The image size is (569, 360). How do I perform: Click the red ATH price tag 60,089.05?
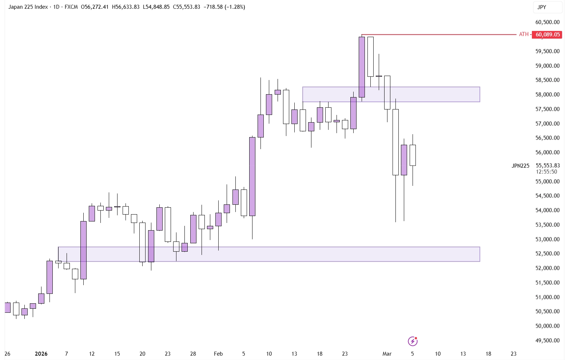(x=547, y=35)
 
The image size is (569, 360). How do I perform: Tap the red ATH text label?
(x=524, y=34)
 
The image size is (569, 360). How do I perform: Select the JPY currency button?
(x=542, y=7)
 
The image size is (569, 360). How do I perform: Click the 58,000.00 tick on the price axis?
(x=547, y=95)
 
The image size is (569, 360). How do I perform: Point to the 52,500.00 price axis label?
(x=547, y=253)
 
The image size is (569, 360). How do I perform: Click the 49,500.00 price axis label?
(x=547, y=340)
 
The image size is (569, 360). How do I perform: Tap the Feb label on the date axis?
(x=218, y=353)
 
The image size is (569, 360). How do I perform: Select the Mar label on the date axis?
(x=387, y=353)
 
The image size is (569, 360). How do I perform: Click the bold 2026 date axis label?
(x=41, y=353)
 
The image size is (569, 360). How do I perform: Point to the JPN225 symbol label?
(x=520, y=166)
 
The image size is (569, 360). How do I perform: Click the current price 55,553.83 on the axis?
(x=548, y=165)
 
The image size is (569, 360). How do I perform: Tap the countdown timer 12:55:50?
(x=546, y=172)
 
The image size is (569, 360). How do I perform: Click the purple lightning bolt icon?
(x=413, y=341)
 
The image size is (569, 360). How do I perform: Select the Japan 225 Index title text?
(x=28, y=7)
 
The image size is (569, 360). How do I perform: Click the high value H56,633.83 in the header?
(x=126, y=7)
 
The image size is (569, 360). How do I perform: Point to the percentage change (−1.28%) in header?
(x=235, y=7)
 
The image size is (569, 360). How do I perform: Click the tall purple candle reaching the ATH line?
(x=362, y=67)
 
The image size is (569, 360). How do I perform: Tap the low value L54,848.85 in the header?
(x=156, y=7)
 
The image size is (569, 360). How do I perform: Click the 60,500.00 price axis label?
(x=547, y=22)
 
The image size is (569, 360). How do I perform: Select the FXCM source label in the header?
(x=71, y=7)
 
